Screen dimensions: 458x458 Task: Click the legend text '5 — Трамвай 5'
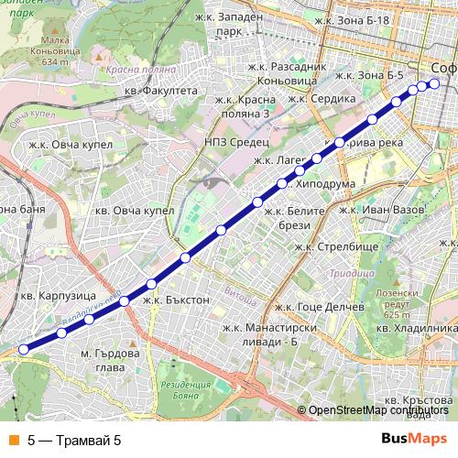(x=74, y=440)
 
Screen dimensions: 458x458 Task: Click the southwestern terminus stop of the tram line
(x=24, y=348)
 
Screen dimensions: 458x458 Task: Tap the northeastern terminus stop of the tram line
(x=434, y=84)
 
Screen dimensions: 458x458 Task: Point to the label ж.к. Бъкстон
(x=177, y=299)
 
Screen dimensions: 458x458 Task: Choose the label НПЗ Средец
(x=236, y=142)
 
